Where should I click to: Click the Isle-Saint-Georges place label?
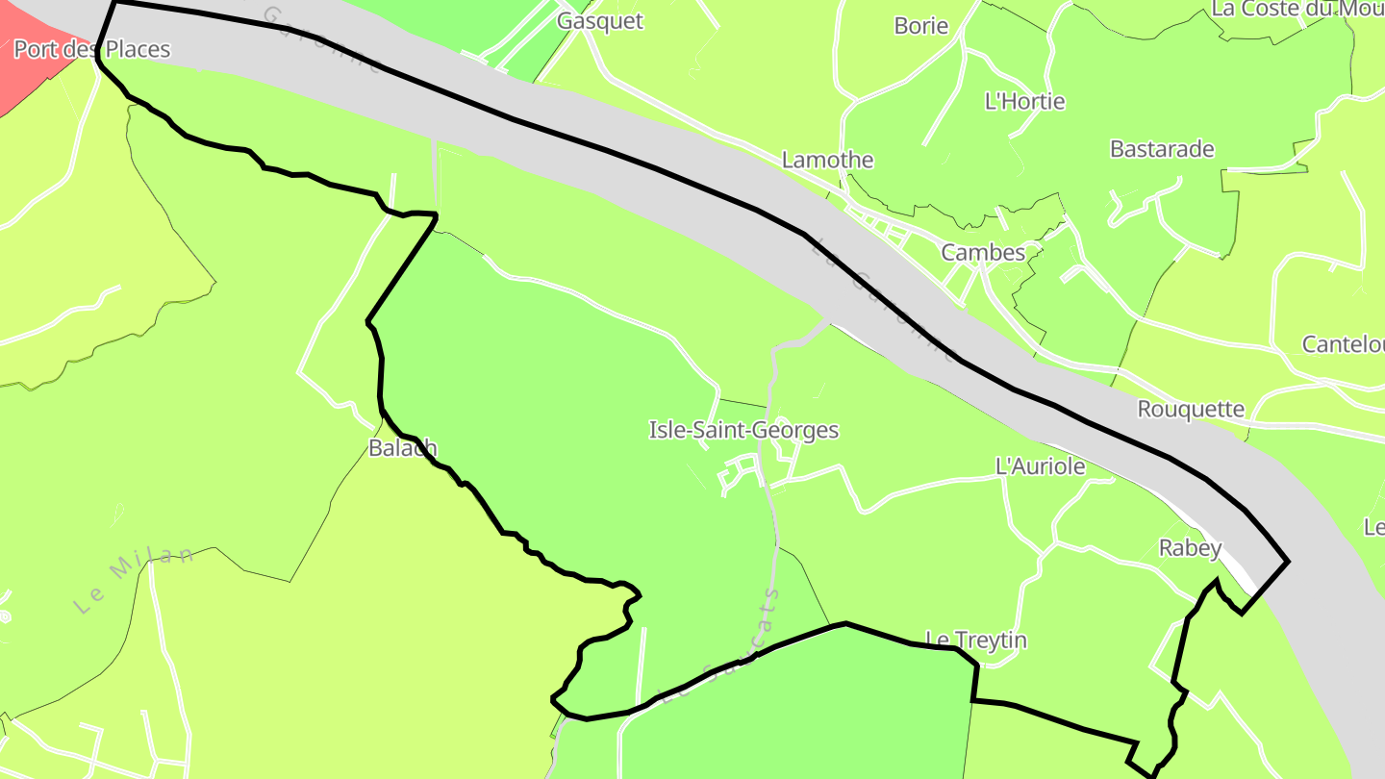pos(743,430)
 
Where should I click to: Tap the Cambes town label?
pos(983,253)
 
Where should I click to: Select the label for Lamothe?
pos(827,160)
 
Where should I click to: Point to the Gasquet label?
pos(600,21)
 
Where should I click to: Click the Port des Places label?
pos(91,49)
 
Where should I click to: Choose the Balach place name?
pos(403,448)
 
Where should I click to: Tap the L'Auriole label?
pos(1040,466)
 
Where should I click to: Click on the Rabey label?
pos(1190,548)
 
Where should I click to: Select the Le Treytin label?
pos(976,640)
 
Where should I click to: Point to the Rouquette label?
pos(1191,409)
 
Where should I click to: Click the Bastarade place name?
pos(1162,149)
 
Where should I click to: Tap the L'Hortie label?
pos(1024,101)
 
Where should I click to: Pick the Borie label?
pos(921,26)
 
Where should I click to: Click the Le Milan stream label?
pos(134,579)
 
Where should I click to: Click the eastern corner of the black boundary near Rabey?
pos(1287,561)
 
